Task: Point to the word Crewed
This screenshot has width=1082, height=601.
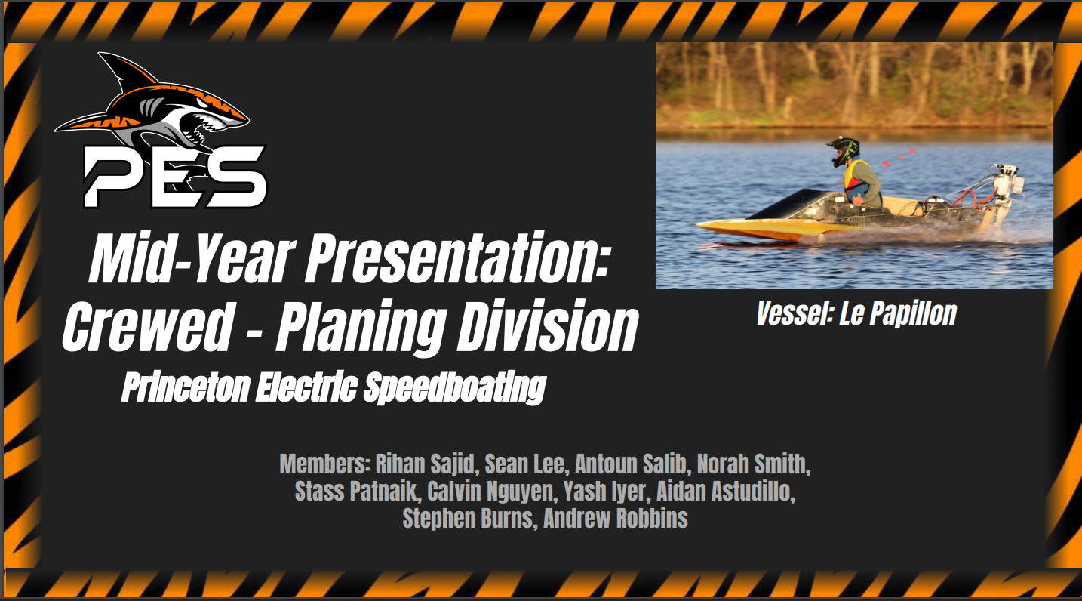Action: (147, 325)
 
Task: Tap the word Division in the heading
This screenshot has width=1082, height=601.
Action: (548, 325)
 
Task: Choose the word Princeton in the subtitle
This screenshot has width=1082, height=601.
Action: (186, 387)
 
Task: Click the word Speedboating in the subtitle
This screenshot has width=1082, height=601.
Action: (454, 387)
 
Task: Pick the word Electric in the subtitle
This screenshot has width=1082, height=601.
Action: (307, 387)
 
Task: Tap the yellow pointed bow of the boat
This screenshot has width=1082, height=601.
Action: (724, 226)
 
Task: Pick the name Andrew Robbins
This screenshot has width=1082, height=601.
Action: (616, 518)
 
